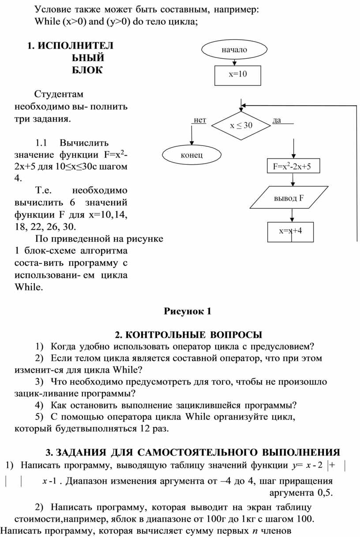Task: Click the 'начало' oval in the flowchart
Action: tap(234, 50)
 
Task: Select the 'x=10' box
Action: tap(237, 74)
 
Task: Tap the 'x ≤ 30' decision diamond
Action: tap(241, 126)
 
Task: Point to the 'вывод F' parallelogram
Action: tap(291, 198)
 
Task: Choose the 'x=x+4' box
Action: tap(291, 231)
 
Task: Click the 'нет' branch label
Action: tap(200, 120)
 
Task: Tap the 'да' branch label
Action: tap(277, 120)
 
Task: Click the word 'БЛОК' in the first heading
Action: tap(87, 70)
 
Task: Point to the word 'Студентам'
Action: tap(60, 94)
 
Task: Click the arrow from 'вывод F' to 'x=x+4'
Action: tap(292, 215)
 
